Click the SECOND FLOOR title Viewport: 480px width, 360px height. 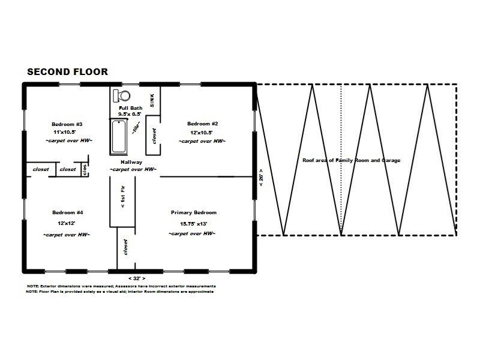click(67, 72)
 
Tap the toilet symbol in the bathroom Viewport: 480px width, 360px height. click(122, 96)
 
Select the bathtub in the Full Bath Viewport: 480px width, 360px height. click(118, 137)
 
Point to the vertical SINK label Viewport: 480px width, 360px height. click(152, 100)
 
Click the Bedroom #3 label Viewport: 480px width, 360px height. click(67, 124)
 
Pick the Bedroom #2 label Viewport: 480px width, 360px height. click(203, 124)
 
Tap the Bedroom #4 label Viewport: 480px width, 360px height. click(67, 212)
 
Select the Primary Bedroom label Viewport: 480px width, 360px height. click(193, 212)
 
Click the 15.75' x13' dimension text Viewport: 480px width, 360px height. click(193, 224)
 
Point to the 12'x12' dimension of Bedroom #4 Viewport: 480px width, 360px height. click(67, 223)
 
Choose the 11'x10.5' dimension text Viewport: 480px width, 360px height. click(65, 132)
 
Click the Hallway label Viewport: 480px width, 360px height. click(131, 162)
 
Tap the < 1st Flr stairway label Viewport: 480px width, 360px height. click(123, 197)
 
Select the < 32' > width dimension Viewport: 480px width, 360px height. click(137, 278)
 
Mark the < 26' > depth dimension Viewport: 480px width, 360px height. click(261, 178)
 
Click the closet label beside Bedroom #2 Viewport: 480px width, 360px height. click(154, 136)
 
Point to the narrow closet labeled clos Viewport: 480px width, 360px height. click(85, 170)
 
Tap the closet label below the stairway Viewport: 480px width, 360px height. click(125, 247)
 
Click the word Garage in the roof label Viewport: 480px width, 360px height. click(391, 160)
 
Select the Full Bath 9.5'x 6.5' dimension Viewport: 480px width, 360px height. click(130, 114)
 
